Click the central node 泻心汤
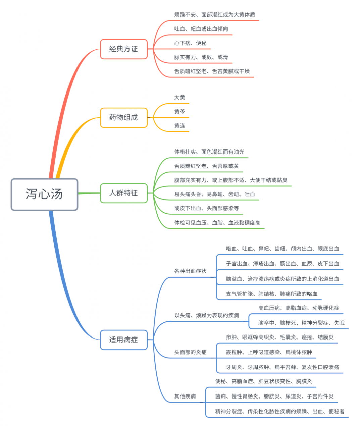(x=44, y=194)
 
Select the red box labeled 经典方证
(x=123, y=49)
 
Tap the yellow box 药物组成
(x=123, y=118)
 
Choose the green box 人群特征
(x=123, y=193)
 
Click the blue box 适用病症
(x=123, y=340)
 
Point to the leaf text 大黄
(x=179, y=98)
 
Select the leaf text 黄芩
(x=179, y=112)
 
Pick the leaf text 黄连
(x=179, y=126)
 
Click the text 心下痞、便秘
(x=190, y=43)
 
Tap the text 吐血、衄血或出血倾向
(x=201, y=29)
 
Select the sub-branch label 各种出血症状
(x=190, y=271)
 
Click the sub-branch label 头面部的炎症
(x=190, y=352)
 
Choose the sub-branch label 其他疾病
(x=185, y=396)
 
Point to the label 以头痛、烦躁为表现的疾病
(x=206, y=315)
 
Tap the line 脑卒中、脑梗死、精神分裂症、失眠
(x=301, y=323)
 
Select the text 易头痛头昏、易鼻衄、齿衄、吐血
(x=214, y=194)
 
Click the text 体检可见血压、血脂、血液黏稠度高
(x=217, y=223)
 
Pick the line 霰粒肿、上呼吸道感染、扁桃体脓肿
(x=269, y=352)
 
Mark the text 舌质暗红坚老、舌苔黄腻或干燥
(x=212, y=71)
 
